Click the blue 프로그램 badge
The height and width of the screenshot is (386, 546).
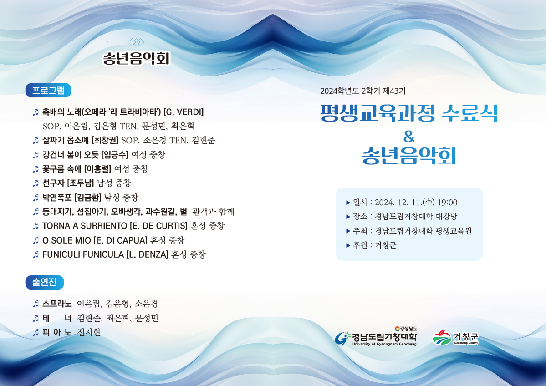48,91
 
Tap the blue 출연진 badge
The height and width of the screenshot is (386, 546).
45,282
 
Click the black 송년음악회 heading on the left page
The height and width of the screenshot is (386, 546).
136,58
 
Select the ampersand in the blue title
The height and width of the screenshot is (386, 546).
409,137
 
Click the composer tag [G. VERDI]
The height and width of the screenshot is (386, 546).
184,112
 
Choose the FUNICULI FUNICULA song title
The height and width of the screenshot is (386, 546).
83,254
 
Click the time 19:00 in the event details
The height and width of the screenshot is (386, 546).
448,203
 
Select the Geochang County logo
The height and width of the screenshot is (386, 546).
455,338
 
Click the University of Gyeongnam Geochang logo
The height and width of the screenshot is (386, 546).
376,336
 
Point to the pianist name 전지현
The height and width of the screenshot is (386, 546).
89,332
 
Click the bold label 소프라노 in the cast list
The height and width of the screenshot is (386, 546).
57,304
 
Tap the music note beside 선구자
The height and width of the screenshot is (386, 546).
36,183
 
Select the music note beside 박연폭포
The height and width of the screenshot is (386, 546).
36,198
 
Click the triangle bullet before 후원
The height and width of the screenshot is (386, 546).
348,245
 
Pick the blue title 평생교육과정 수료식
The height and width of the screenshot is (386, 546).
409,113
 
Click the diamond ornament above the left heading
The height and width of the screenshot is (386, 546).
136,42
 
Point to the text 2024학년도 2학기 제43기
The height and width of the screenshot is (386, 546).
363,91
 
